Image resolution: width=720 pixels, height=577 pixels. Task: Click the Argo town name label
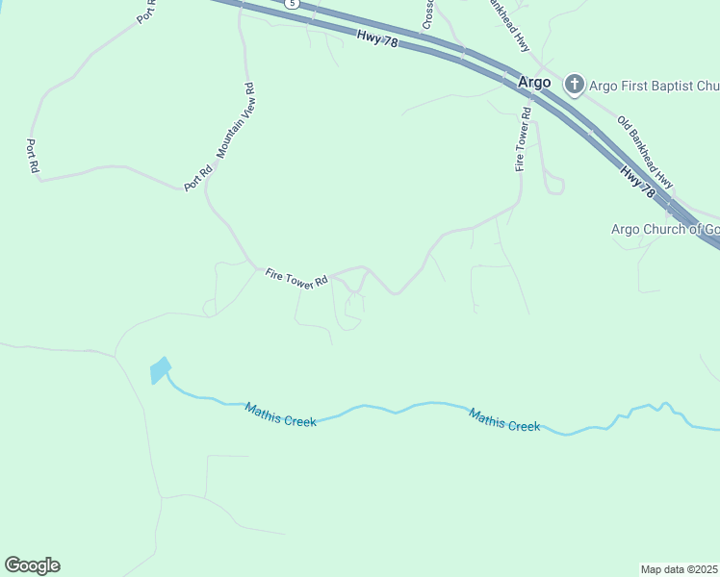(x=534, y=83)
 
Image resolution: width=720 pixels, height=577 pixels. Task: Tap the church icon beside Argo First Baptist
(x=575, y=84)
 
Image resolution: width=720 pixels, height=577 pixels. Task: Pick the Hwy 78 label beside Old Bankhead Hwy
(x=638, y=183)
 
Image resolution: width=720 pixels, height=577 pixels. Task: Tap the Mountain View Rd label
(x=234, y=121)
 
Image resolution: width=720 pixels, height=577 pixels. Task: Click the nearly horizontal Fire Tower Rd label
(x=296, y=277)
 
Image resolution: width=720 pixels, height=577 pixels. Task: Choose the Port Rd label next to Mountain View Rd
(x=199, y=180)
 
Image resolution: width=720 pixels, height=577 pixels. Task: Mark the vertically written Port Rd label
(x=32, y=156)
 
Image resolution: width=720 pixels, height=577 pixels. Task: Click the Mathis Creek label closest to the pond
(x=280, y=414)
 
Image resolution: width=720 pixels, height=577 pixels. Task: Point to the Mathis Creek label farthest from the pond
(x=504, y=420)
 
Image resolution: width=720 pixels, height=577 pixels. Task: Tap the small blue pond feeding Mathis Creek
(x=160, y=369)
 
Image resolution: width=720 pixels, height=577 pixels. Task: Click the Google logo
(x=32, y=565)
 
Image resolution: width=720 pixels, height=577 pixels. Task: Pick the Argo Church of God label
(x=665, y=229)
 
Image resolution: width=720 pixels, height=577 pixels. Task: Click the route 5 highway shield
(x=292, y=4)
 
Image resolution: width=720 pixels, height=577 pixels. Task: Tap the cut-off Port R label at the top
(x=147, y=12)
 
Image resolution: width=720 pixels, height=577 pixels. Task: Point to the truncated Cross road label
(x=428, y=13)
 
